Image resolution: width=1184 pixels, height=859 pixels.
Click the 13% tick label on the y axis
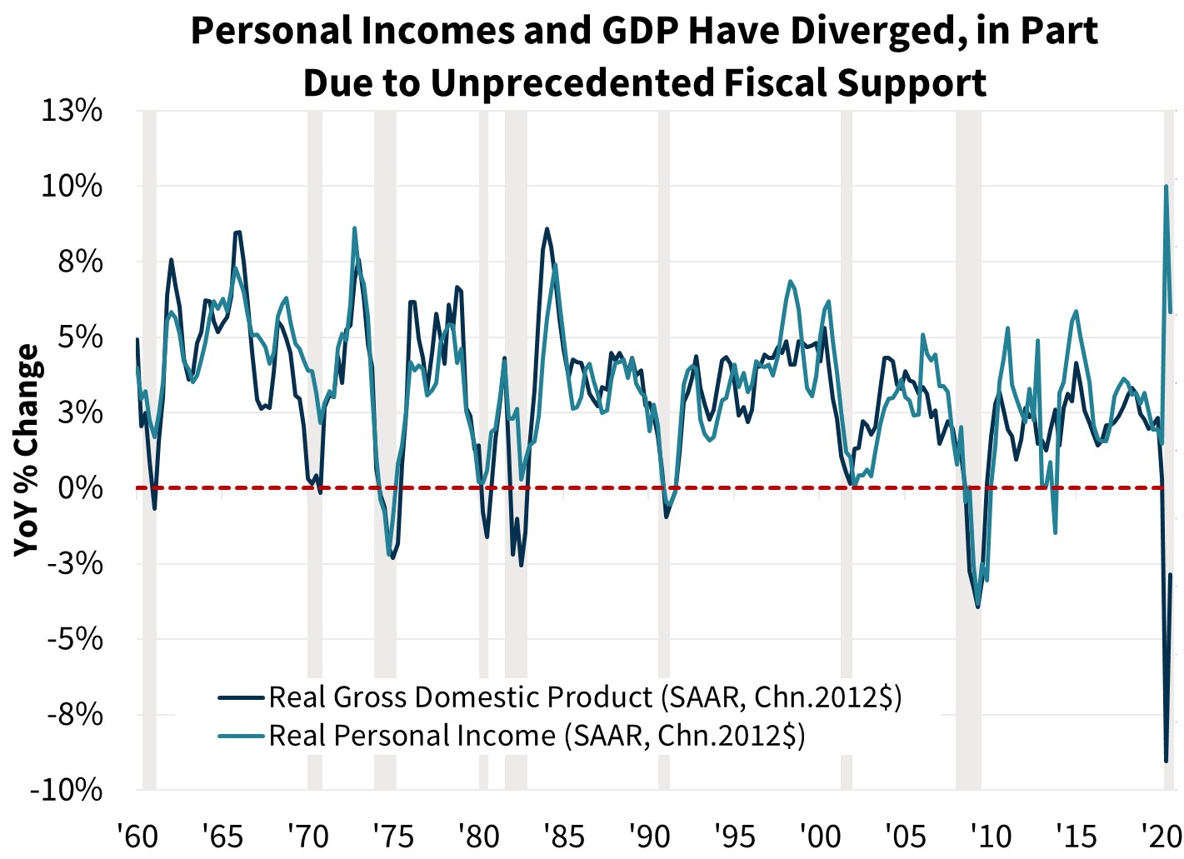point(72,111)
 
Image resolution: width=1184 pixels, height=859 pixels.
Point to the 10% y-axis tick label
point(72,187)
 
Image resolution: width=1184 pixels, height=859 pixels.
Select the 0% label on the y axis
point(81,488)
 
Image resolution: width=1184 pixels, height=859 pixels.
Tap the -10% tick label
point(66,790)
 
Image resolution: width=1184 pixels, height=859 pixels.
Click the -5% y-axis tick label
point(73,639)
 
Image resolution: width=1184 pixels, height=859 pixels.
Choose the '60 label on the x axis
point(137,836)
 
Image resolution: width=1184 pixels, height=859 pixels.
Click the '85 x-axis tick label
point(563,836)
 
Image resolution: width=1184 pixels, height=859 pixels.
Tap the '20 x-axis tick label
point(1160,836)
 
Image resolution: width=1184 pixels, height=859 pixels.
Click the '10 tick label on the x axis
point(990,836)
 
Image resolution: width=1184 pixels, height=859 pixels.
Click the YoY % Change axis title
point(27,450)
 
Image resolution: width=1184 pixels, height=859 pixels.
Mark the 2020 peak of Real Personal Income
point(1167,187)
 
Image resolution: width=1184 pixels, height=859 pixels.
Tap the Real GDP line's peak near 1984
point(547,228)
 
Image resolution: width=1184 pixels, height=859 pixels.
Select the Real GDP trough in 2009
point(977,607)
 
